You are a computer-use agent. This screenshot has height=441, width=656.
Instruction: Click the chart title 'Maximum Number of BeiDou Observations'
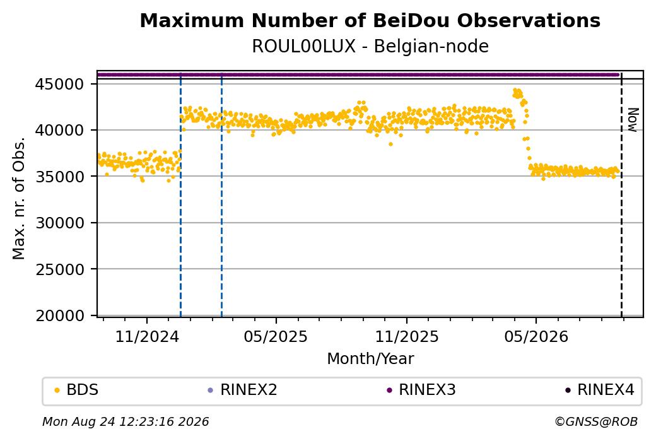coord(370,20)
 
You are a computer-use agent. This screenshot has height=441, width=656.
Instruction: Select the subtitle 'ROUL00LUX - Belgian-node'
coord(370,47)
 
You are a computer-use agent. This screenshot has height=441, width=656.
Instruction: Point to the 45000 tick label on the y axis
coord(60,85)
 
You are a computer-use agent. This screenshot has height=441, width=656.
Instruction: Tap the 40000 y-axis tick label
coord(60,131)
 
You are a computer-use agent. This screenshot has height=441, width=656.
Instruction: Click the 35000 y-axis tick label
coord(60,177)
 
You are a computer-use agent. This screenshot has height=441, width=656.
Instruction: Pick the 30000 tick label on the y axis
coord(60,223)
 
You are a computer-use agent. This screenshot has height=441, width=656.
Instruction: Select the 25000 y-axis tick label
coord(60,269)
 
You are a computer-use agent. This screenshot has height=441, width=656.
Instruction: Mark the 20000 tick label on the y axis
coord(60,316)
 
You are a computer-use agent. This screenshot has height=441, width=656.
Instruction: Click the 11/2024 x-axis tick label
coord(147,336)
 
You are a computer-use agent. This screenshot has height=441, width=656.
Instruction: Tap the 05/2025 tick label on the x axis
coord(276,336)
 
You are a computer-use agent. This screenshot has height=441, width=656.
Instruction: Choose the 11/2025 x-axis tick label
coord(407,336)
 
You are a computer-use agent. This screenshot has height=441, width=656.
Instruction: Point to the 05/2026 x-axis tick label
coord(536,336)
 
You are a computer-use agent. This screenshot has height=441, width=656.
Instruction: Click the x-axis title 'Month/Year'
coord(370,359)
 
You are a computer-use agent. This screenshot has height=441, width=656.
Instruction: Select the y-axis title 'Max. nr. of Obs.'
coord(19,198)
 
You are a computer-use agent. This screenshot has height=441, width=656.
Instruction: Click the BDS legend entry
coord(77,390)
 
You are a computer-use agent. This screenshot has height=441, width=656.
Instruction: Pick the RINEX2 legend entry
coord(243,390)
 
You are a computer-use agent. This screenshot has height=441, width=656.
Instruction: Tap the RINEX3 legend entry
coord(421,390)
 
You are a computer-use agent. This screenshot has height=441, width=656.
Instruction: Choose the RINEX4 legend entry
coord(600,390)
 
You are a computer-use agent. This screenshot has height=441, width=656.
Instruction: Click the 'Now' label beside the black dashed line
coord(633,120)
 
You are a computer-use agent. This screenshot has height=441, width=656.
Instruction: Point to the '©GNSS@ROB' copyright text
coord(596,421)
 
